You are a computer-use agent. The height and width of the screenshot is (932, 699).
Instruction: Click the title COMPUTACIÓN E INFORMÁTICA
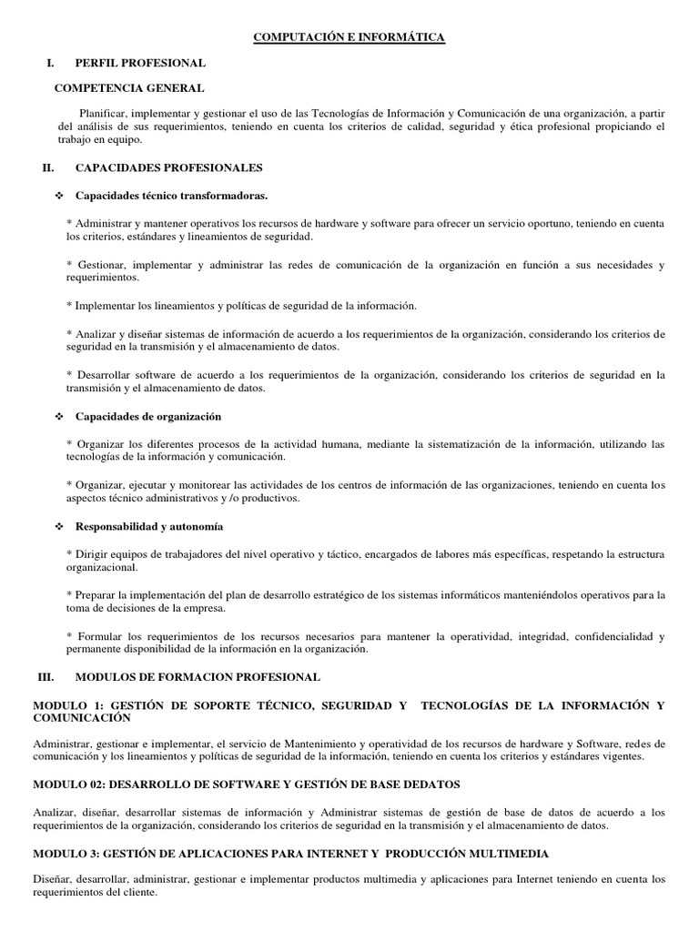tap(349, 36)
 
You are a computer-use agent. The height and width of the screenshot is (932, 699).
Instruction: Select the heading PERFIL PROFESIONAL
tap(140, 63)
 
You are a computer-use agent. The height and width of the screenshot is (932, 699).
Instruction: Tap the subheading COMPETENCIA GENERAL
tap(129, 88)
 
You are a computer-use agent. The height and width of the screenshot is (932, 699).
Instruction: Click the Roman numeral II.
tap(49, 167)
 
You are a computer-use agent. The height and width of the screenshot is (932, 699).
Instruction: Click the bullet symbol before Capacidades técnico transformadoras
tap(59, 195)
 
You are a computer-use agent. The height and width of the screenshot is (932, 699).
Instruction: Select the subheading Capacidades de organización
tap(148, 416)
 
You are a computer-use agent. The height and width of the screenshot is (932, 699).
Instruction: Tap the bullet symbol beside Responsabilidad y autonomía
tap(59, 527)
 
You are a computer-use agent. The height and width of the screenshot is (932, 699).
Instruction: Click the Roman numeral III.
tap(46, 677)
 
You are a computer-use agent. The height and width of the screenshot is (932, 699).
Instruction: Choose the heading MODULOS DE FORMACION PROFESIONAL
tap(198, 677)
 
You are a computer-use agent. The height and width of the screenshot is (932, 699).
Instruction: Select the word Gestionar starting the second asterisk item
tap(102, 265)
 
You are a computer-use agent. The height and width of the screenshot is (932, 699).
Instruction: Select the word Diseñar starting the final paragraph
tap(53, 880)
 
